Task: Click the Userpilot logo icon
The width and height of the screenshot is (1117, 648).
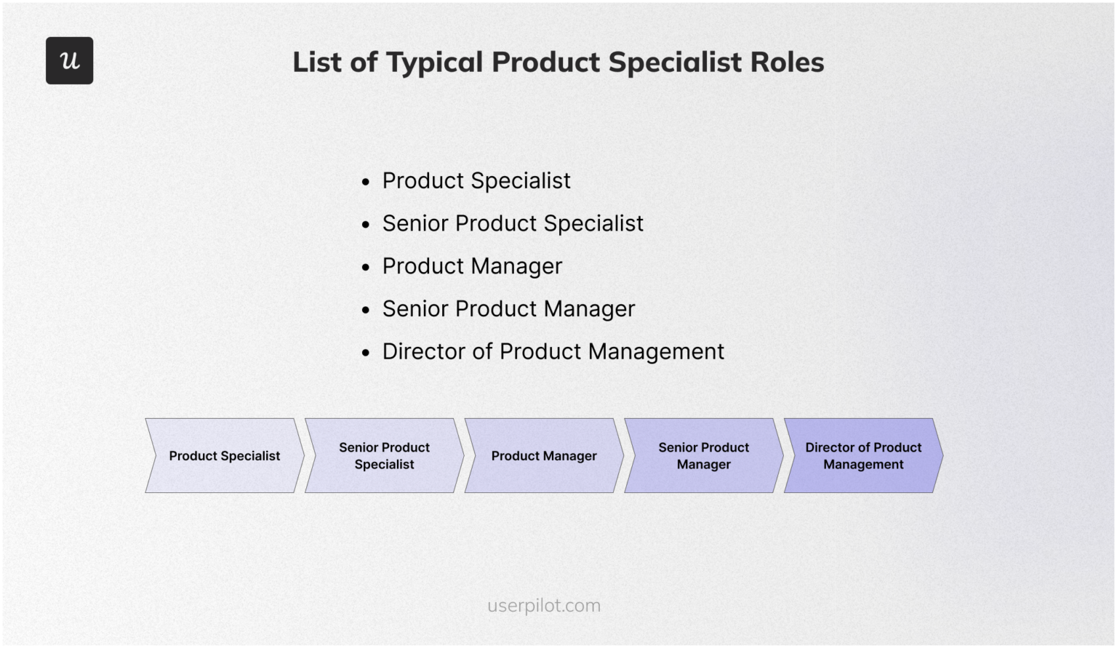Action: pyautogui.click(x=69, y=60)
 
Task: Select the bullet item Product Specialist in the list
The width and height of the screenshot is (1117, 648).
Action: pyautogui.click(x=476, y=180)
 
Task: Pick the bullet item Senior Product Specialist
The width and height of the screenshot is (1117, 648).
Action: pyautogui.click(x=513, y=223)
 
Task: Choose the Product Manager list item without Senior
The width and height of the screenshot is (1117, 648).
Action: pyautogui.click(x=472, y=266)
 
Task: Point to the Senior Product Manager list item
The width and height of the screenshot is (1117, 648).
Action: pyautogui.click(x=508, y=309)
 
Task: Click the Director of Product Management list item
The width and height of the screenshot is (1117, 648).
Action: pyautogui.click(x=553, y=352)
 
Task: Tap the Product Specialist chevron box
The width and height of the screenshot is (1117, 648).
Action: pyautogui.click(x=224, y=456)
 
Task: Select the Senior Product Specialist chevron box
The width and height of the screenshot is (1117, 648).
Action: pyautogui.click(x=384, y=456)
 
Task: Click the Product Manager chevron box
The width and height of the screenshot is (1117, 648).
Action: pyautogui.click(x=544, y=456)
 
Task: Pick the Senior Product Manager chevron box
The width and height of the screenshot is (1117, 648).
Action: pyautogui.click(x=703, y=456)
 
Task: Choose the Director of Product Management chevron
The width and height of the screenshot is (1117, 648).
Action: pyautogui.click(x=863, y=456)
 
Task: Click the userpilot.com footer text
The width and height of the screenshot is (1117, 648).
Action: pyautogui.click(x=544, y=606)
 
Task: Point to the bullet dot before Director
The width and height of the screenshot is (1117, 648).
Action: pyautogui.click(x=366, y=353)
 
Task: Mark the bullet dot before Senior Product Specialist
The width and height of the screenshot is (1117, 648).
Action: pyautogui.click(x=366, y=225)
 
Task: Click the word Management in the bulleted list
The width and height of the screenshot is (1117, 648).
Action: pyautogui.click(x=656, y=352)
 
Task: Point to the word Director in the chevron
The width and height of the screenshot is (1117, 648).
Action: pyautogui.click(x=830, y=447)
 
